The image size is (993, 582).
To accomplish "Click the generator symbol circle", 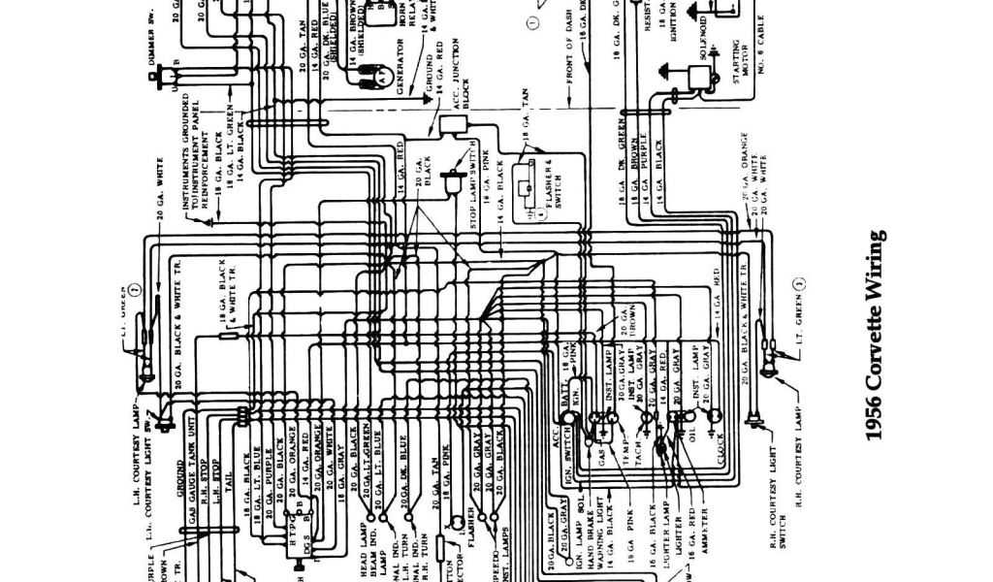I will tap(385, 75).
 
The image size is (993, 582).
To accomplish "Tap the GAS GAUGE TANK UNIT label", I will tap(191, 471).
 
